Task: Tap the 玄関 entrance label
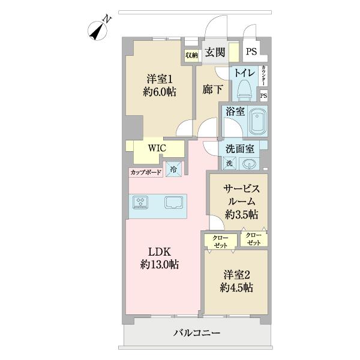coord(215,53)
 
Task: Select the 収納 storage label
coord(191,55)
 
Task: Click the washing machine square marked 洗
coord(230,163)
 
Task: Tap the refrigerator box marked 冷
coord(173,170)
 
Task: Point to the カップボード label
coord(146,172)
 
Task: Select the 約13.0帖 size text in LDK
coord(160,264)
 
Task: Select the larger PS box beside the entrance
coord(251,52)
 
